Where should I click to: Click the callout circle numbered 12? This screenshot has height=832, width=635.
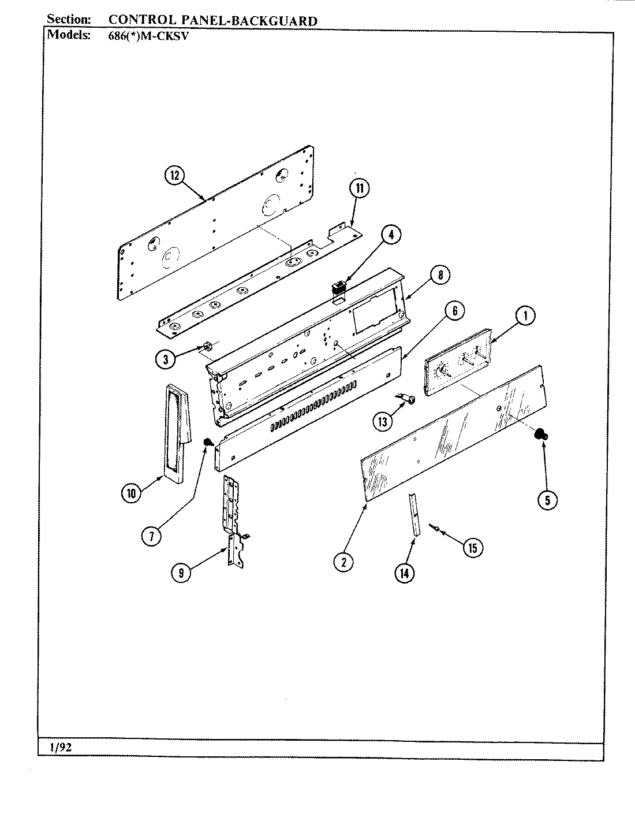pyautogui.click(x=174, y=176)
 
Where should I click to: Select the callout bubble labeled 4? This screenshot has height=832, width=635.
pyautogui.click(x=391, y=234)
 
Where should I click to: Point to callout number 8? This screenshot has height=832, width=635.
pyautogui.click(x=440, y=275)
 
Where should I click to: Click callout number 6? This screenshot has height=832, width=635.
pyautogui.click(x=454, y=311)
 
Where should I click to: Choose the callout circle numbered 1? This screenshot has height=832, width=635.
pyautogui.click(x=525, y=315)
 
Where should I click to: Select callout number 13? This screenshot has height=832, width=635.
pyautogui.click(x=382, y=421)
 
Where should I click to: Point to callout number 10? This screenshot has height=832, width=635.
pyautogui.click(x=132, y=493)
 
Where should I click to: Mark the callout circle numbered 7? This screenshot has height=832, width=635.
pyautogui.click(x=151, y=536)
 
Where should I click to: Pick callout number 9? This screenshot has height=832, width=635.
pyautogui.click(x=181, y=574)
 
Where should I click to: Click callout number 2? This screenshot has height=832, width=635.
pyautogui.click(x=343, y=561)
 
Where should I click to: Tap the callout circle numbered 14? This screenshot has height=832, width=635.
pyautogui.click(x=405, y=573)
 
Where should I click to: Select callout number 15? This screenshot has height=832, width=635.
pyautogui.click(x=473, y=547)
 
